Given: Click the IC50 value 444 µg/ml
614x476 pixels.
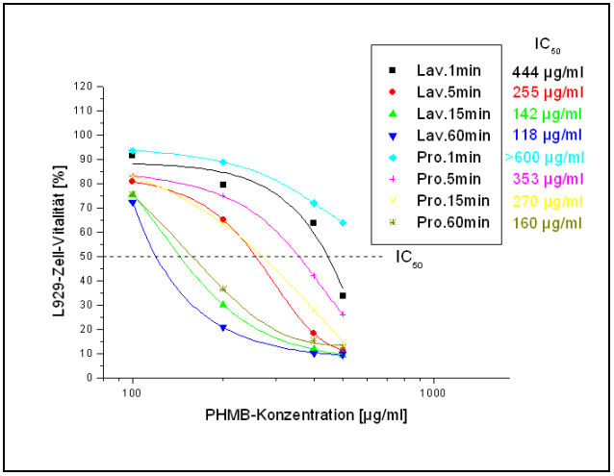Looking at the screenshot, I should [548, 70].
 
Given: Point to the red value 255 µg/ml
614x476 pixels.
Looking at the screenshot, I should [548, 92].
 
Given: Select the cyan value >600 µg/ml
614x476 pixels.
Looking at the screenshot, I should [548, 157].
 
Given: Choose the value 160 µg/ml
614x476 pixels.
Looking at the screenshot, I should [548, 222].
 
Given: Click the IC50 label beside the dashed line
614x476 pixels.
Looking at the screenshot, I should [409, 258].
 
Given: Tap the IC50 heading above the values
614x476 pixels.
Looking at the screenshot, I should [546, 44].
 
